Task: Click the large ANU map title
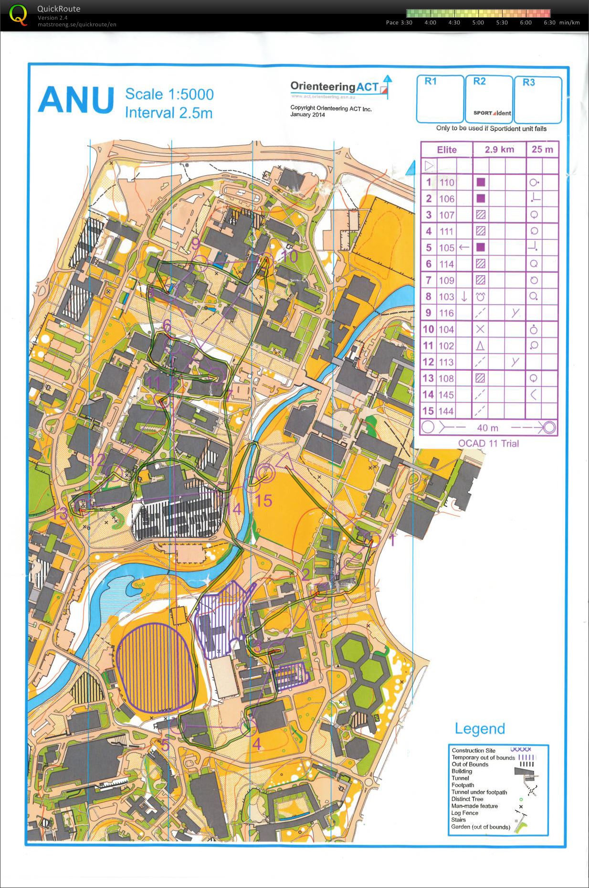coord(76,100)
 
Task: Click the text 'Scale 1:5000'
coord(169,94)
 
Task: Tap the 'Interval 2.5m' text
coord(168,113)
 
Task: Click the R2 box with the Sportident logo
coord(489,99)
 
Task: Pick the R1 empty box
coord(440,99)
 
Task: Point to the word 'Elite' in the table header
coord(447,150)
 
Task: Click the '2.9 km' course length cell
coord(499,150)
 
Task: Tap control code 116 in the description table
coord(447,313)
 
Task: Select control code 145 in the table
coord(447,395)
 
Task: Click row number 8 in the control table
coord(429,297)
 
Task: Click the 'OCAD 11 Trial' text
coord(488,443)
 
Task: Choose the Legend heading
coord(480,728)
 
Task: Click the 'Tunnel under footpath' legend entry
coord(479,792)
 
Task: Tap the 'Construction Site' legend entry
coord(473,750)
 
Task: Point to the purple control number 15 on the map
coord(263,501)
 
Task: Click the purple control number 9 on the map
coord(195,244)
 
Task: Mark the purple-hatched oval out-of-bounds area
coord(157,667)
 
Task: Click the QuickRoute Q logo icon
coord(18,14)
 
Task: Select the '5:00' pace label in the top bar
coord(478,22)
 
